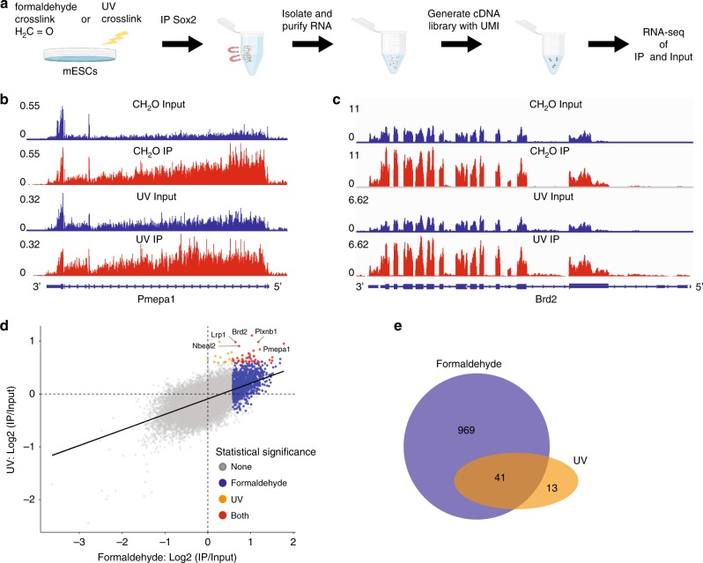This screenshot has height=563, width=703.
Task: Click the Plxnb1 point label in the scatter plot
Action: tap(267, 331)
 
